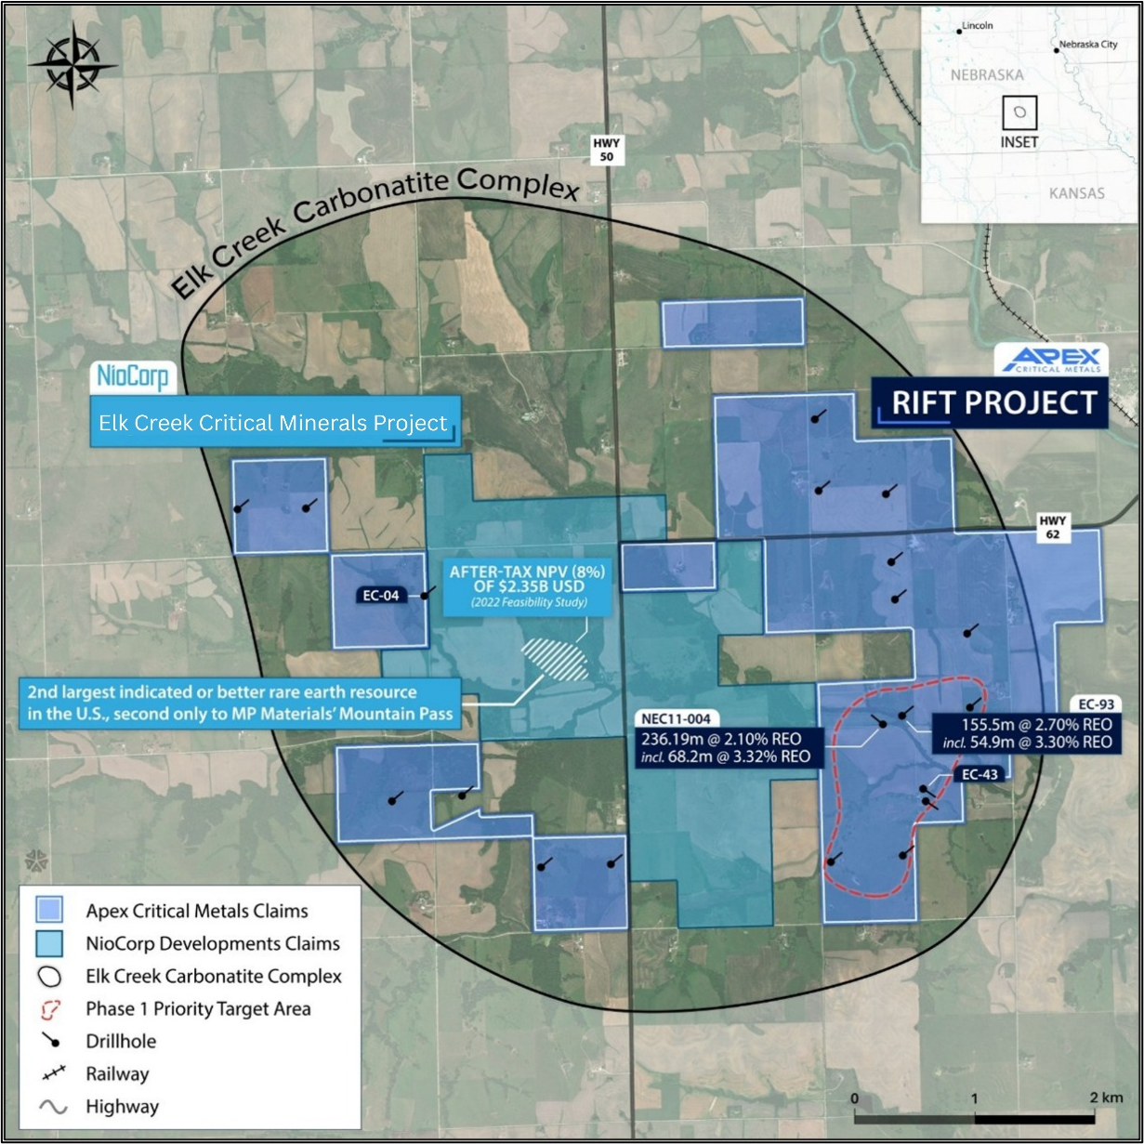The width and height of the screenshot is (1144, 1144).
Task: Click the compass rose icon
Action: coord(72,65)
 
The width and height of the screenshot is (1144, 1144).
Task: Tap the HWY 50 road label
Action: coord(609,150)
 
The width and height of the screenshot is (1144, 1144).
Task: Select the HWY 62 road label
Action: coord(1053,528)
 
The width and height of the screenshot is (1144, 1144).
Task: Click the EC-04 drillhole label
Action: coord(382,595)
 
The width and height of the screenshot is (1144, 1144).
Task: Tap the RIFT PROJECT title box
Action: coord(990,402)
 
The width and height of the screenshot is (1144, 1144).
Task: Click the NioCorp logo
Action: coord(134,376)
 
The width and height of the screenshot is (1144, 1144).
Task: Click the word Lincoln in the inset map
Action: coord(977,26)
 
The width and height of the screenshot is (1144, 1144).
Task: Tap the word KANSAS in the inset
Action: coord(1076,193)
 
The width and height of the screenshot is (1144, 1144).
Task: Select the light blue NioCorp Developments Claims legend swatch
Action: coord(48,943)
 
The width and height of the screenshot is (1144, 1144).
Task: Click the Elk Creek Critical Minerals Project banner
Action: coord(274,423)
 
